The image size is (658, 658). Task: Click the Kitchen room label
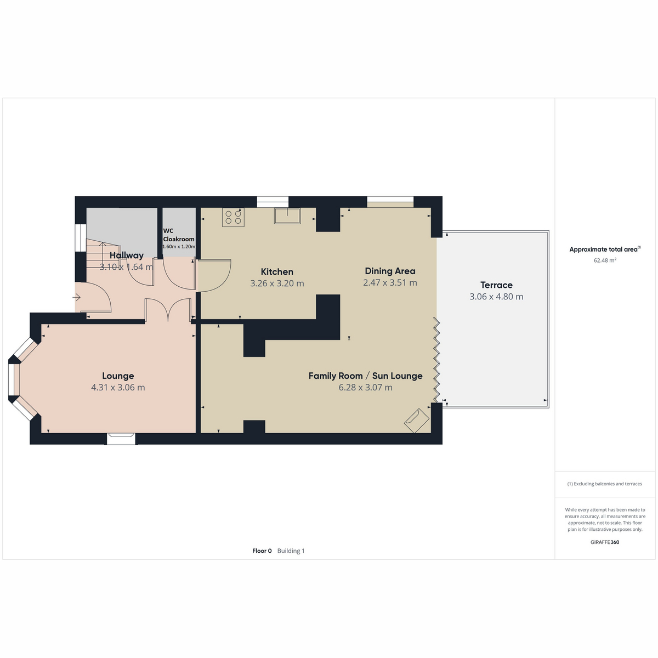[x=277, y=272]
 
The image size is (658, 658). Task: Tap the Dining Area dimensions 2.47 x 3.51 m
[x=390, y=283]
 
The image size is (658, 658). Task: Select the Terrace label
[x=496, y=285]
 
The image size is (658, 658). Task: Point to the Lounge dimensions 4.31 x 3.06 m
[x=118, y=388]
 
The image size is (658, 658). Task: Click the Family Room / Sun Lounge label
[x=365, y=376]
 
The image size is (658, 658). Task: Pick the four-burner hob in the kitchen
[x=233, y=218]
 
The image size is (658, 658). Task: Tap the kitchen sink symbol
[x=287, y=216]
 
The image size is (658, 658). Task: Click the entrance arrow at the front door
[x=76, y=297]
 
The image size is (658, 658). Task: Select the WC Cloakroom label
[x=179, y=235]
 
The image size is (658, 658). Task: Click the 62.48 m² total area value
[x=605, y=260]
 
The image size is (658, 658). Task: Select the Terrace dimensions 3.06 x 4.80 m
[x=496, y=297]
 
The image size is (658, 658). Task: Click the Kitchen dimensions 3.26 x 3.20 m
[x=277, y=283]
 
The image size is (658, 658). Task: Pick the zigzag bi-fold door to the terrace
[x=436, y=360]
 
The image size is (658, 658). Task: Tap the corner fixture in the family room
[x=417, y=421]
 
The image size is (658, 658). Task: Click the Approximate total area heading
[x=605, y=249]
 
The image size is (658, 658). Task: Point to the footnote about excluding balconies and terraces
[x=604, y=484]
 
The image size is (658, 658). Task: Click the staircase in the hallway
[x=103, y=254]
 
